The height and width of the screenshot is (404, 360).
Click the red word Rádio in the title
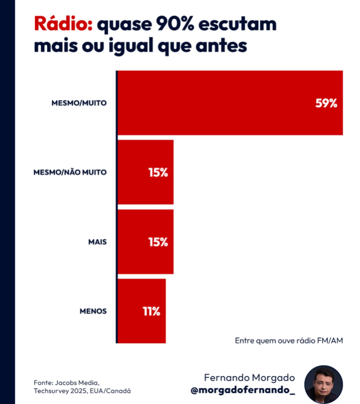61,24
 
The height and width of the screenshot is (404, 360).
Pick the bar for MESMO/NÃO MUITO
146,172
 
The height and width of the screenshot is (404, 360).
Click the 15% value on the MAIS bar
158,242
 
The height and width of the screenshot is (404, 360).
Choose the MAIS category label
97,242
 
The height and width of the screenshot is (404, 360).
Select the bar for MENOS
142,311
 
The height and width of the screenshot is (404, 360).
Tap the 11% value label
151,311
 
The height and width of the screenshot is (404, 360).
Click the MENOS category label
93,311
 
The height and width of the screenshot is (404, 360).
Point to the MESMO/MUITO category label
79,103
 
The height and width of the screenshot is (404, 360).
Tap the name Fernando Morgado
249,378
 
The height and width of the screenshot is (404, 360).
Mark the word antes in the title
223,46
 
